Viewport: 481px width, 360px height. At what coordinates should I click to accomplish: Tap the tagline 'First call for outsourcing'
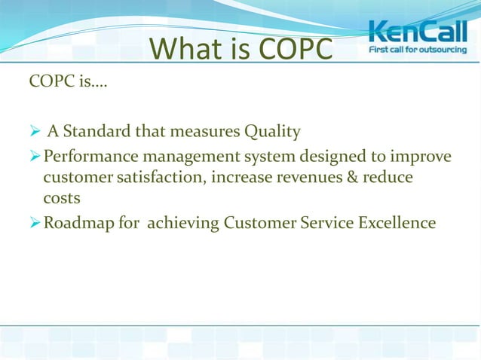point(416,51)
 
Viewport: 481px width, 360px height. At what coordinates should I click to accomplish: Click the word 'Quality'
point(272,133)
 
